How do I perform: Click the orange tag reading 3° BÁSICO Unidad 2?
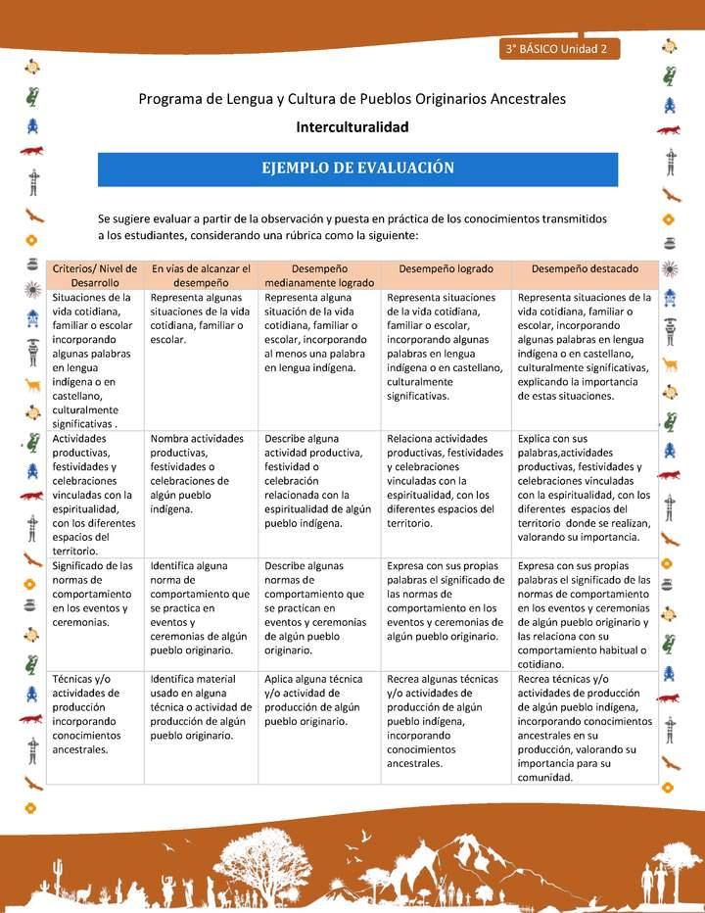point(557,49)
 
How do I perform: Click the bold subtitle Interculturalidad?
point(352,127)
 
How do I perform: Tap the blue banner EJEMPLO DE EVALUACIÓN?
point(357,168)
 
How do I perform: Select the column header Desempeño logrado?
point(446,268)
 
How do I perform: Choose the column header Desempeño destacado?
point(585,268)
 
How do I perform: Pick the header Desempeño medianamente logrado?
point(319,275)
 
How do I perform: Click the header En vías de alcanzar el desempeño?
point(201,275)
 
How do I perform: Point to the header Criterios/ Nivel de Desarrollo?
point(95,275)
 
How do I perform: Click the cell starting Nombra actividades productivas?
point(197,474)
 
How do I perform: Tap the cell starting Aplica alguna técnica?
point(313,699)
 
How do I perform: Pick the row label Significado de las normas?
point(92,594)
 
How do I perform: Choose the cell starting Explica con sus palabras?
point(585,488)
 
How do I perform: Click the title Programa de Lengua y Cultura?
point(352,99)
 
